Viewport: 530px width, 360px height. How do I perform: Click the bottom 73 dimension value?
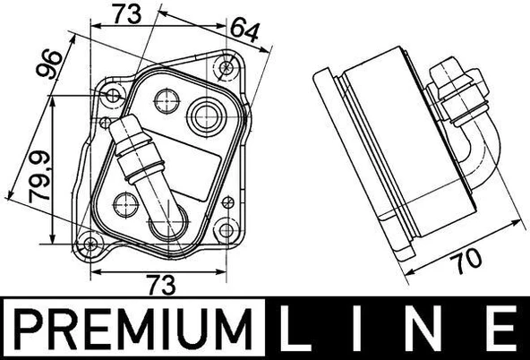(x=160, y=285)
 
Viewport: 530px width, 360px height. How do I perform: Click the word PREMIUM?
(x=125, y=329)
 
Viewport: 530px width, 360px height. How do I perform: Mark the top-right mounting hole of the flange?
(x=226, y=64)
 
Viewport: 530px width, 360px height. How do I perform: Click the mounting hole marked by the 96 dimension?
(x=112, y=95)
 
